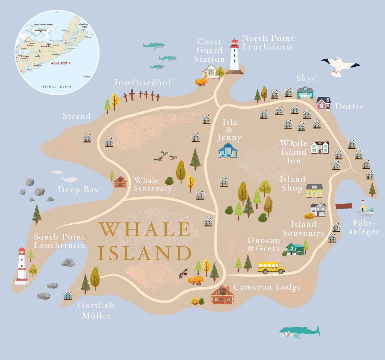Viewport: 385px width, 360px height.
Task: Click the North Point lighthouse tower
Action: click(235, 56)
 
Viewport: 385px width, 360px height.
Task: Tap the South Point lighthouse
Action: click(22, 266)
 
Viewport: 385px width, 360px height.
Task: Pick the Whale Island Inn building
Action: click(320, 147)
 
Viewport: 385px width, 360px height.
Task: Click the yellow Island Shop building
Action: click(314, 191)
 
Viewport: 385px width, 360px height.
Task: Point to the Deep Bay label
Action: click(78, 190)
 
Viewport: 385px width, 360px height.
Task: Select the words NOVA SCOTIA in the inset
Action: click(61, 64)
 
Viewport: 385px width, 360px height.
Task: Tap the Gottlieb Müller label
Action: click(96, 310)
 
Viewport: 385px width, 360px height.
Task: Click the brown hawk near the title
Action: click(184, 273)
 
